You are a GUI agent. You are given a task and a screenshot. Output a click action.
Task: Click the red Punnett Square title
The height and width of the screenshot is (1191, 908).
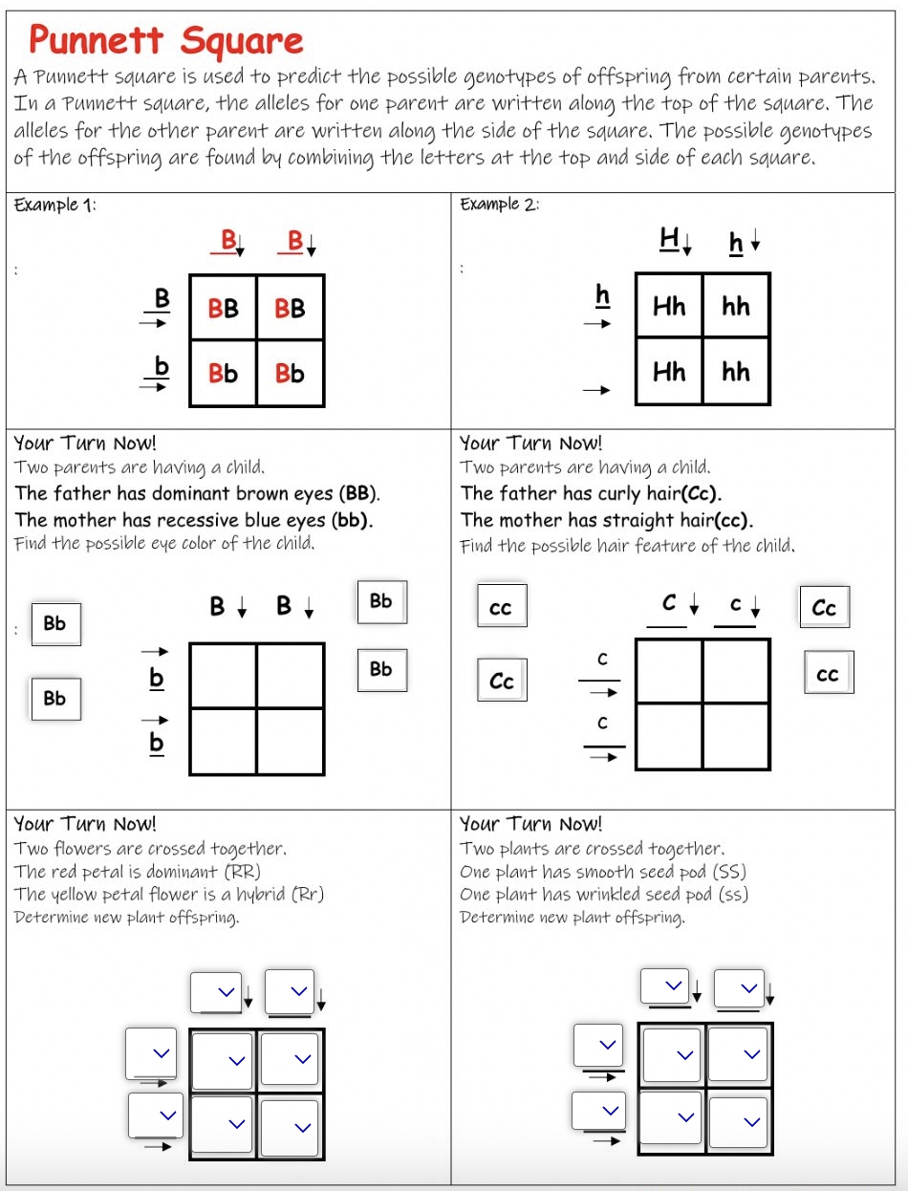tap(165, 41)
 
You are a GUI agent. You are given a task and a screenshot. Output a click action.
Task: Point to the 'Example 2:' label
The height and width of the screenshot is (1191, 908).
tap(500, 205)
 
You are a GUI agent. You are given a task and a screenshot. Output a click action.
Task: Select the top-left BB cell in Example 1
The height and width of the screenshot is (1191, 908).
tap(224, 308)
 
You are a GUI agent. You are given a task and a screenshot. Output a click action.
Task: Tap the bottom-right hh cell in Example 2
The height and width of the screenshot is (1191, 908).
tap(736, 372)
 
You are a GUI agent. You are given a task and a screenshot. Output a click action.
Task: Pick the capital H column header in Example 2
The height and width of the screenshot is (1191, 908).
tap(668, 240)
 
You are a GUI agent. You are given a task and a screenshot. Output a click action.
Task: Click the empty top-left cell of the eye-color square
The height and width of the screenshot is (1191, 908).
tap(224, 675)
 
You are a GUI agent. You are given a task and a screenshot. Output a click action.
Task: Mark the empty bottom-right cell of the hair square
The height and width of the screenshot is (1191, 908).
tap(736, 736)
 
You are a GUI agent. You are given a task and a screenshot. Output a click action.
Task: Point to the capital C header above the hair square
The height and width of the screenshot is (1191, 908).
tap(669, 604)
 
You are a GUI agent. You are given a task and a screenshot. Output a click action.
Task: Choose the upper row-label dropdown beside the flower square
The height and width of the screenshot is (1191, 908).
tap(152, 1052)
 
